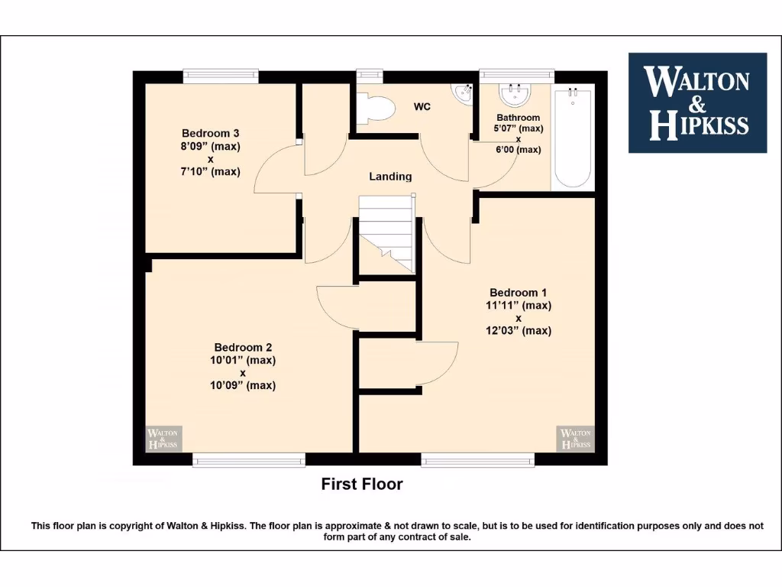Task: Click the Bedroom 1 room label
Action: click(519, 293)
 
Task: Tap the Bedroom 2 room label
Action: click(244, 347)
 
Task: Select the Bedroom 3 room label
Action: click(210, 133)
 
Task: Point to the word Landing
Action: click(390, 177)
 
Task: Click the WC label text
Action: click(422, 107)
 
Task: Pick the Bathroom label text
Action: click(518, 118)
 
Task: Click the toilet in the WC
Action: click(375, 108)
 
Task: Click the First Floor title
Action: click(361, 484)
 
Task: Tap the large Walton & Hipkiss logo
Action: click(696, 102)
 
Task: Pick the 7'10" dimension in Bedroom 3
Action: click(210, 172)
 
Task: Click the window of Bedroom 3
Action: click(221, 75)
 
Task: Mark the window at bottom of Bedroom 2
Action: click(249, 460)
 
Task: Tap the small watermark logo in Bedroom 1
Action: click(575, 438)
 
